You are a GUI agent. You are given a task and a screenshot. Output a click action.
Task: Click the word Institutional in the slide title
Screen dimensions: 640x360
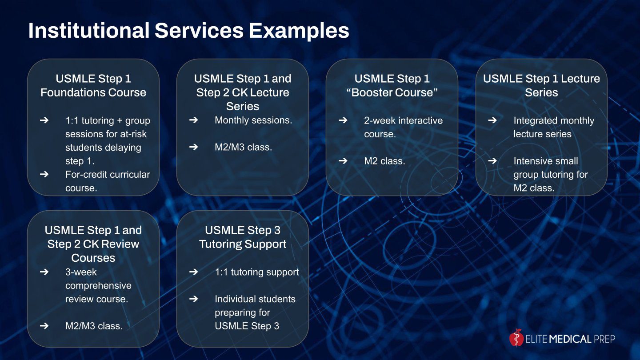[89, 30]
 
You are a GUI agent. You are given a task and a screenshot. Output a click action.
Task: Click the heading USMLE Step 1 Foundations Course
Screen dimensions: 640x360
[93, 85]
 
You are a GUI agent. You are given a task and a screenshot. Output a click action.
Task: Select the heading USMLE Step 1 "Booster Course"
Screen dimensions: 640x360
[392, 85]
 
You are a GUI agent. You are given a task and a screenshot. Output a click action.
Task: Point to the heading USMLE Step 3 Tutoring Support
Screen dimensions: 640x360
[243, 237]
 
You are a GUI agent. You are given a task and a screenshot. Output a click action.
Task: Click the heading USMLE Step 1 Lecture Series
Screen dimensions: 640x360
[541, 85]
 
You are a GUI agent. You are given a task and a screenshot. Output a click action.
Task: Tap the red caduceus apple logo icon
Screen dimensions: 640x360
[516, 338]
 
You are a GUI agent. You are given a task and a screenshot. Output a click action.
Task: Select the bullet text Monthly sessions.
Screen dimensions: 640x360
[253, 120]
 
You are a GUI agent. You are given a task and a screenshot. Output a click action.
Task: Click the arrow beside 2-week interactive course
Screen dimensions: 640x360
[343, 120]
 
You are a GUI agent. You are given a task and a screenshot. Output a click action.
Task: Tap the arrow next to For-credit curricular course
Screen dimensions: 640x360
[44, 174]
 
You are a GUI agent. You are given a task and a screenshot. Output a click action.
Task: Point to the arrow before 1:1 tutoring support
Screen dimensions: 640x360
[193, 272]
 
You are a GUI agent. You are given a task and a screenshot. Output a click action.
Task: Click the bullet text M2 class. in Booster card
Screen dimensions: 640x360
[384, 161]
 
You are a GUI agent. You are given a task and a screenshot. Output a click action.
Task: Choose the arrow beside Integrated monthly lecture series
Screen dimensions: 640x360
[492, 120]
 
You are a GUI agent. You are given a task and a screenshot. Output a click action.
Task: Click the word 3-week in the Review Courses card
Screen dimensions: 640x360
[81, 272]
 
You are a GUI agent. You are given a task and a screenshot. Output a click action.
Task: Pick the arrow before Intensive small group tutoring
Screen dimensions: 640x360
[492, 161]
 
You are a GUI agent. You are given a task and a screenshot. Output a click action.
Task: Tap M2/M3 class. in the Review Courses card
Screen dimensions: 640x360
[94, 326]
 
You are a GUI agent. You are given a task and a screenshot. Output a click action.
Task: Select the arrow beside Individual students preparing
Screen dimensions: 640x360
[193, 299]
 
